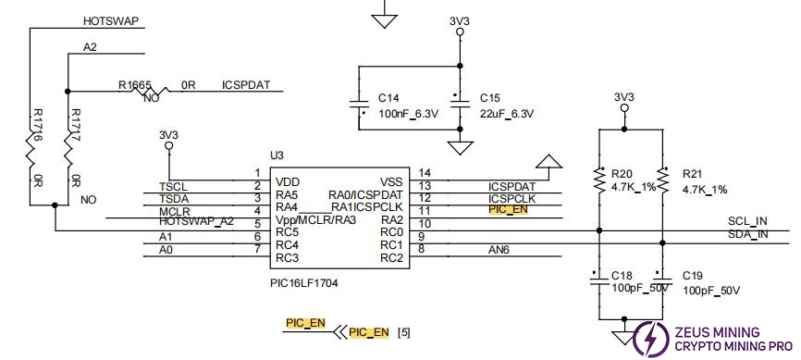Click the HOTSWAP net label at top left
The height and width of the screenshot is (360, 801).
click(x=110, y=19)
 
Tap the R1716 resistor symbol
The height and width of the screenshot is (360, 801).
click(x=31, y=145)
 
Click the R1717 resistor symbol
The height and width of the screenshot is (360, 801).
click(x=68, y=145)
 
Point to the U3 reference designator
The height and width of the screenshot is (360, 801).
click(x=276, y=155)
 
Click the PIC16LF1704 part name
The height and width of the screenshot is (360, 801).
click(x=304, y=283)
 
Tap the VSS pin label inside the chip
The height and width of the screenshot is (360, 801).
click(x=391, y=181)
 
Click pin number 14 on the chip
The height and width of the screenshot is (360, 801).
click(x=425, y=173)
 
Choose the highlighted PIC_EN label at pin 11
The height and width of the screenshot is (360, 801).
click(x=508, y=210)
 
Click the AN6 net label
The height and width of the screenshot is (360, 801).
click(x=499, y=249)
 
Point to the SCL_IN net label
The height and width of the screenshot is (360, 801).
click(x=748, y=222)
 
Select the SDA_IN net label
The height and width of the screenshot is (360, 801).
click(x=748, y=234)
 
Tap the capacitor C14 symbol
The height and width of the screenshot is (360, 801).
click(x=358, y=105)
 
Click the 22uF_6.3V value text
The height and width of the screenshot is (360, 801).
click(x=508, y=114)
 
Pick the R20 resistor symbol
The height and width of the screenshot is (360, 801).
click(x=599, y=176)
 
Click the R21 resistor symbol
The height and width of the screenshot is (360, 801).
click(x=663, y=176)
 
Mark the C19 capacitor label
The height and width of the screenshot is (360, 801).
click(x=693, y=276)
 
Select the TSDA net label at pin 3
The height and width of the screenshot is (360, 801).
click(x=173, y=198)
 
